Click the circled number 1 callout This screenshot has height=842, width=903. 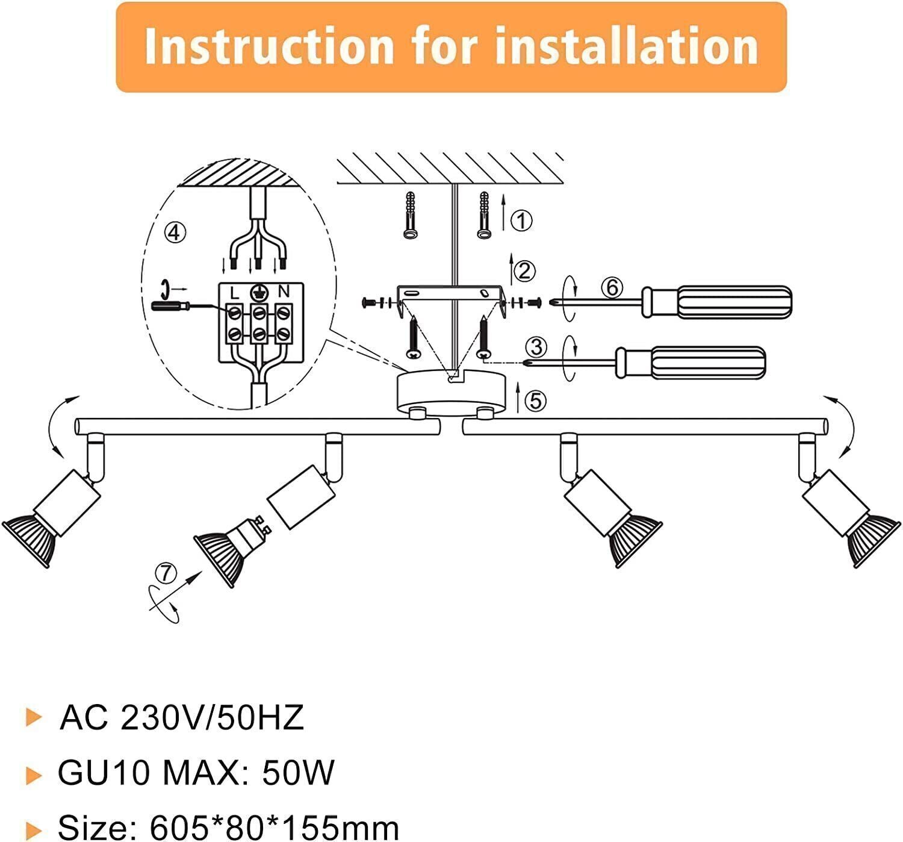[x=521, y=220]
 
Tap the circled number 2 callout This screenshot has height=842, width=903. [x=524, y=271]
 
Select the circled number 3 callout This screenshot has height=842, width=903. [x=536, y=348]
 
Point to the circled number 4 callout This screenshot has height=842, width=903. [x=175, y=232]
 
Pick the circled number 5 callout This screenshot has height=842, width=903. [x=536, y=401]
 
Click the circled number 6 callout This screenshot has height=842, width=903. [x=612, y=288]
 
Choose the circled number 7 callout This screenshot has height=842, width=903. [x=166, y=572]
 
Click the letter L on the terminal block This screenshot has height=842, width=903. [x=235, y=293]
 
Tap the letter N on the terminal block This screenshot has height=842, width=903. [x=284, y=292]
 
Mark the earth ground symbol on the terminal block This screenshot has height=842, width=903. [x=259, y=292]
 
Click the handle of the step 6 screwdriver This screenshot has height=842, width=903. [x=716, y=301]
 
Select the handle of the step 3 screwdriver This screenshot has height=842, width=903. [x=690, y=362]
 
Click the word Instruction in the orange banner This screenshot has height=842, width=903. [x=269, y=46]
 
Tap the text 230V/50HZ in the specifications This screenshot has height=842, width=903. [x=213, y=718]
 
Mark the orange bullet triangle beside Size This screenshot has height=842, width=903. [x=34, y=831]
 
